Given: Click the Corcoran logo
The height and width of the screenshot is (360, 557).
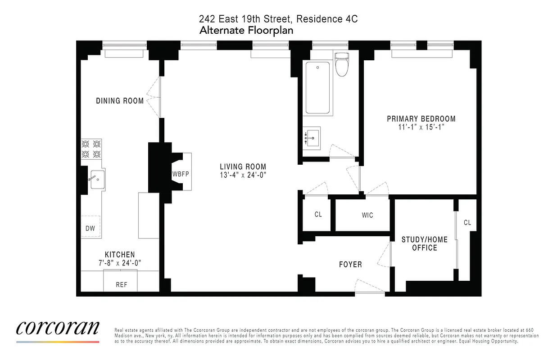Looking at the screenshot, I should [x=58, y=328].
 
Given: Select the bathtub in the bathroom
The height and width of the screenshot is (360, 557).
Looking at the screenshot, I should [x=317, y=88].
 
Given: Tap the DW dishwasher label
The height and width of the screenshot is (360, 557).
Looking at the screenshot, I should [x=90, y=228].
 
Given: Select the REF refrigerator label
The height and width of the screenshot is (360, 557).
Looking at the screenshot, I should [x=122, y=284].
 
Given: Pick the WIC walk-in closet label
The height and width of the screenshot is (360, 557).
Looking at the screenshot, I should [x=367, y=215].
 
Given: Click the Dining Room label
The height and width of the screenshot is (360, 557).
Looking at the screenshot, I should [x=120, y=101].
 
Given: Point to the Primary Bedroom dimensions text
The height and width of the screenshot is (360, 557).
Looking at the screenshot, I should [x=421, y=128].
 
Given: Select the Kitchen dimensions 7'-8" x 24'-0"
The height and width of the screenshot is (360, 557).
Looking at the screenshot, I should [x=120, y=263].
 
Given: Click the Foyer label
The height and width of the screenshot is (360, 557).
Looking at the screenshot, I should [x=350, y=264].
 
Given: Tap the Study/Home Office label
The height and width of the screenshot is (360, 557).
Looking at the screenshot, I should [x=425, y=243].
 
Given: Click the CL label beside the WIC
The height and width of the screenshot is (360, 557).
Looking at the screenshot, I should [x=318, y=214].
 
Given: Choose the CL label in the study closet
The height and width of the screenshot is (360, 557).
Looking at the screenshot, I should [x=467, y=222].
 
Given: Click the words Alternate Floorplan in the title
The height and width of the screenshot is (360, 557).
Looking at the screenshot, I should [x=246, y=30].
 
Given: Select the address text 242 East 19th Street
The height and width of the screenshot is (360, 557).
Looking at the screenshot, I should [x=246, y=19].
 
